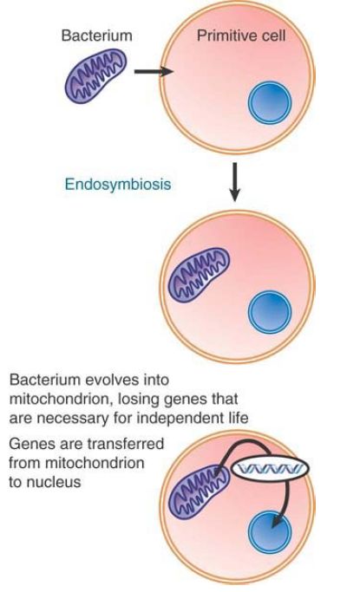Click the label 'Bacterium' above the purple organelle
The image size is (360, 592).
tap(96, 36)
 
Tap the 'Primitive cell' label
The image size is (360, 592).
tap(241, 36)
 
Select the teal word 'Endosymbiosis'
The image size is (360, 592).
tap(118, 185)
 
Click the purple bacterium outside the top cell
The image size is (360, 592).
tap(96, 76)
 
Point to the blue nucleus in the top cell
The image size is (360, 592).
tap(269, 102)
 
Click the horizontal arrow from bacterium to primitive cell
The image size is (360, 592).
tap(154, 71)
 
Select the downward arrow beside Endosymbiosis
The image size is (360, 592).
tap(234, 182)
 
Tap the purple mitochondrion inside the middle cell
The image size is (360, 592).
tap(199, 275)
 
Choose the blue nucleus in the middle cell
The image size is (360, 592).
tap(270, 312)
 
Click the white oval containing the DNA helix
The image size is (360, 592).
tap(270, 469)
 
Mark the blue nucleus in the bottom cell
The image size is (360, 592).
tap(270, 531)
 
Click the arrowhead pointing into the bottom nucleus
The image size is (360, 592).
tap(278, 522)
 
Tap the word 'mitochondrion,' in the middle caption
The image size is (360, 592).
tap(62, 399)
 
